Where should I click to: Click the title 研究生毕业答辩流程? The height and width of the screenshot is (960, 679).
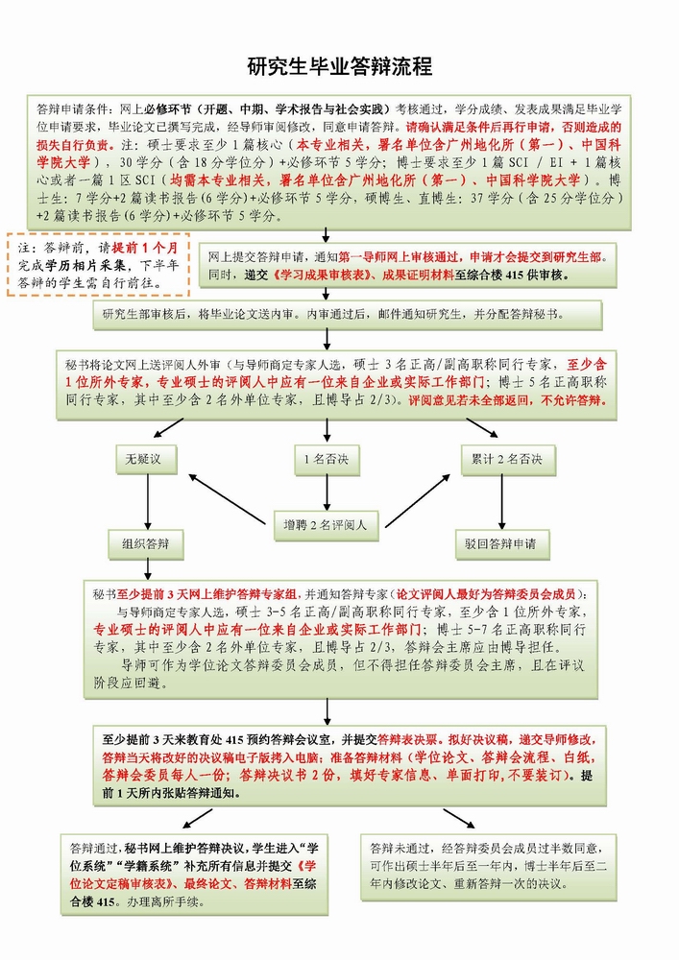[x=339, y=66]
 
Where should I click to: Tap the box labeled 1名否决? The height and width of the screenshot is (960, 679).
[x=327, y=460]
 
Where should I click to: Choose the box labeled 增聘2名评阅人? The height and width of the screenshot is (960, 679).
[x=327, y=524]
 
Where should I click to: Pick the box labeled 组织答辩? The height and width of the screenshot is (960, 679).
[x=145, y=544]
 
